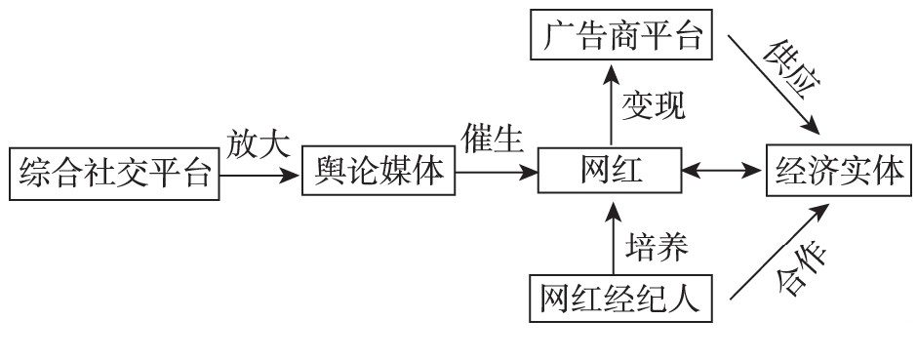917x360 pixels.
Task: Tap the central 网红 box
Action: point(610,173)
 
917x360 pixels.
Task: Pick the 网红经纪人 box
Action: point(620,298)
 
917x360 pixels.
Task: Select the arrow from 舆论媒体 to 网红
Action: point(497,174)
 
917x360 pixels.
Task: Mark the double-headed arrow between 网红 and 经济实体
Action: point(721,174)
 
